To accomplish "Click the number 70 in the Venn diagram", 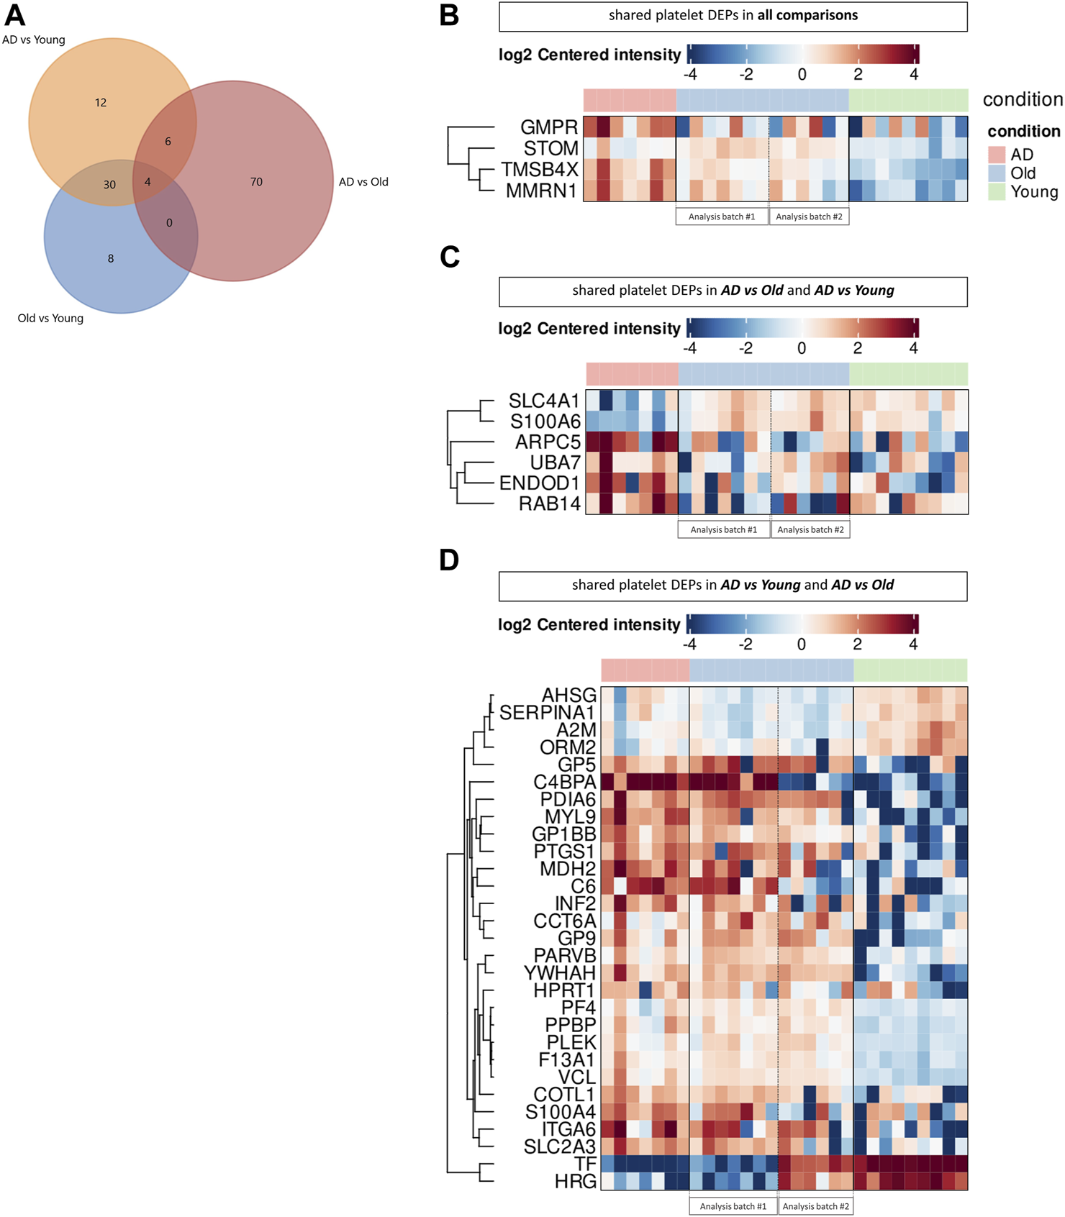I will point(256,182).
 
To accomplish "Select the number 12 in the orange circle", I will point(101,103).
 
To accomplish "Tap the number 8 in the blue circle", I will point(111,258).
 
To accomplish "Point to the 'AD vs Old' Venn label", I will point(363,182).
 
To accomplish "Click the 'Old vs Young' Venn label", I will point(50,318).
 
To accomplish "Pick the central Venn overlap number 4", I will point(148,182).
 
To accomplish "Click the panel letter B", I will point(449,16).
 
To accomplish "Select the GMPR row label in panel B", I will point(549,127).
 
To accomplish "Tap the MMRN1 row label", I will point(540,191).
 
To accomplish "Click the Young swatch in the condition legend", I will point(997,192).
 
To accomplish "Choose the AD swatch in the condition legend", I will point(997,155).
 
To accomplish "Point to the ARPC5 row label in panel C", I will point(548,442).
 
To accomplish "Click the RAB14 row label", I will point(550,503).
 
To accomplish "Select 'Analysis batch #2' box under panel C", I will point(810,530).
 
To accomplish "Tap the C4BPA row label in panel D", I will point(565,782).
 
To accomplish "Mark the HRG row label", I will point(575,1181).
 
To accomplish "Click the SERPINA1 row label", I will point(547,713).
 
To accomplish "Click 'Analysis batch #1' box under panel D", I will point(733,1206).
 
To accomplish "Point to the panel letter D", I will point(449,560).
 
